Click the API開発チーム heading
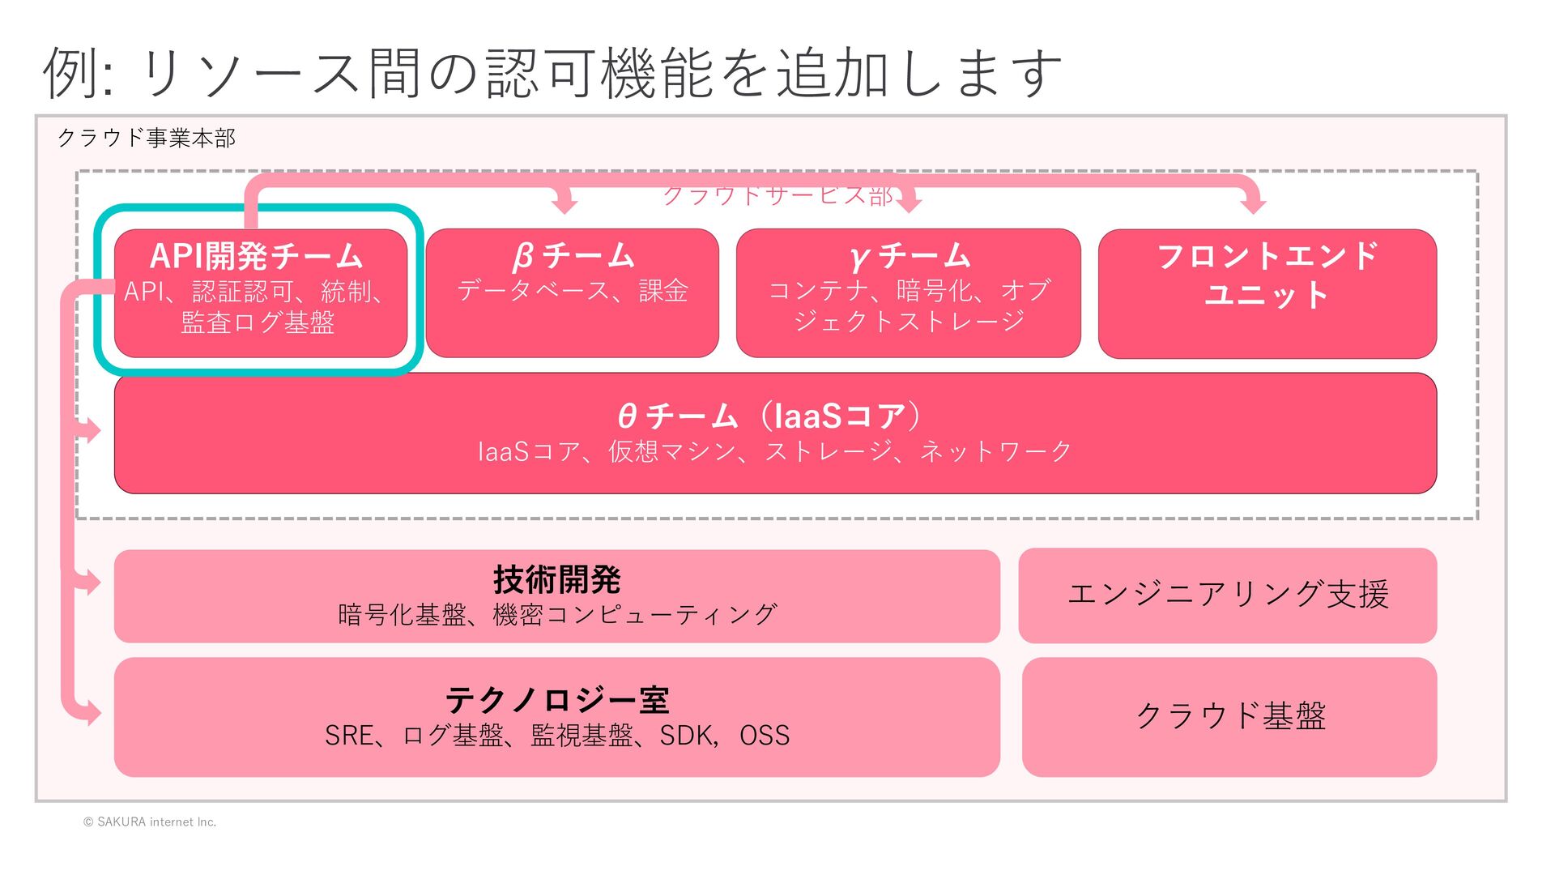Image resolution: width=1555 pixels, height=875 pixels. (x=257, y=256)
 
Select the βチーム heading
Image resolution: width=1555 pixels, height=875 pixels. (x=573, y=256)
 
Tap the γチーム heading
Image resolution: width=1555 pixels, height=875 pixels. (x=909, y=256)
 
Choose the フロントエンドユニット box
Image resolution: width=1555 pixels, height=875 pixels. (x=1267, y=293)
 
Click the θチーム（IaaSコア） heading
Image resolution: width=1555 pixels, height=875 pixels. (x=769, y=416)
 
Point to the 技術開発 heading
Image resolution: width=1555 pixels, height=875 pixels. (x=556, y=579)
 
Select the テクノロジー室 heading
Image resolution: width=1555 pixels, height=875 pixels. (x=556, y=699)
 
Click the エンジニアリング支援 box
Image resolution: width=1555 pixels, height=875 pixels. (x=1228, y=595)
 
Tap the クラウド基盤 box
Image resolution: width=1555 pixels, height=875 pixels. (x=1229, y=716)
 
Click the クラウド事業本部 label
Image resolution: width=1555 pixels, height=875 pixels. (x=147, y=138)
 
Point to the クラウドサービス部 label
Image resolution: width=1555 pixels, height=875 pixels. (x=777, y=196)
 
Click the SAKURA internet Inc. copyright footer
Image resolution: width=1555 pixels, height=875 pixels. (x=150, y=822)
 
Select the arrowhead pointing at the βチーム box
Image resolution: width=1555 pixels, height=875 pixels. (x=564, y=203)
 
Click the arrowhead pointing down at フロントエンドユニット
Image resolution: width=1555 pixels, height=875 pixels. (x=1253, y=203)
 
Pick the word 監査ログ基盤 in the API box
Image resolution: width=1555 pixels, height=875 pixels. (x=258, y=322)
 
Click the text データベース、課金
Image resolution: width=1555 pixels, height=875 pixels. (x=573, y=291)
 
